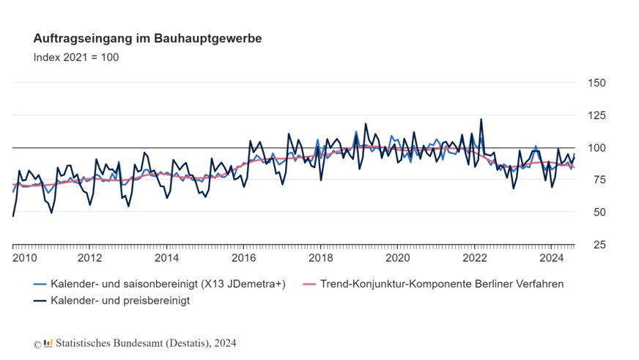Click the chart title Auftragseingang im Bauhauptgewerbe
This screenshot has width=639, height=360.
coord(147,37)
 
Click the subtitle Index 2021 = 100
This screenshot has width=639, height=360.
coord(75,57)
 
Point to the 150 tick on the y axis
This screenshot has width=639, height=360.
coord(597,83)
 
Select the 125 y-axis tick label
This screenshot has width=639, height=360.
coord(597,115)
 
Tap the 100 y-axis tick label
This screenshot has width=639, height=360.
coord(597,147)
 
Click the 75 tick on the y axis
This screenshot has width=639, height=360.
coord(597,180)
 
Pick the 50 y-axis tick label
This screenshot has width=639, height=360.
coord(597,212)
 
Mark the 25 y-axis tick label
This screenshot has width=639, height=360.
coord(597,244)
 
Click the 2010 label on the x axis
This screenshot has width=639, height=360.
coord(25,258)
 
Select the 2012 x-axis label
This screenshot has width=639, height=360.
coord(89,258)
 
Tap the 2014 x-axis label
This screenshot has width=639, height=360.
coord(166,258)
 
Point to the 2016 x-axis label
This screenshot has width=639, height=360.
coord(243,258)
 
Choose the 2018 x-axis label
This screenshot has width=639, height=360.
coord(320,258)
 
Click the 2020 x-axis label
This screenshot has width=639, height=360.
coord(397,258)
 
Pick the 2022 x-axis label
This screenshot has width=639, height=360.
coord(474,258)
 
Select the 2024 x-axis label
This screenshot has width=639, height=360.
coord(551,258)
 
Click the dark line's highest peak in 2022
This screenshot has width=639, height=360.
coord(481,119)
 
